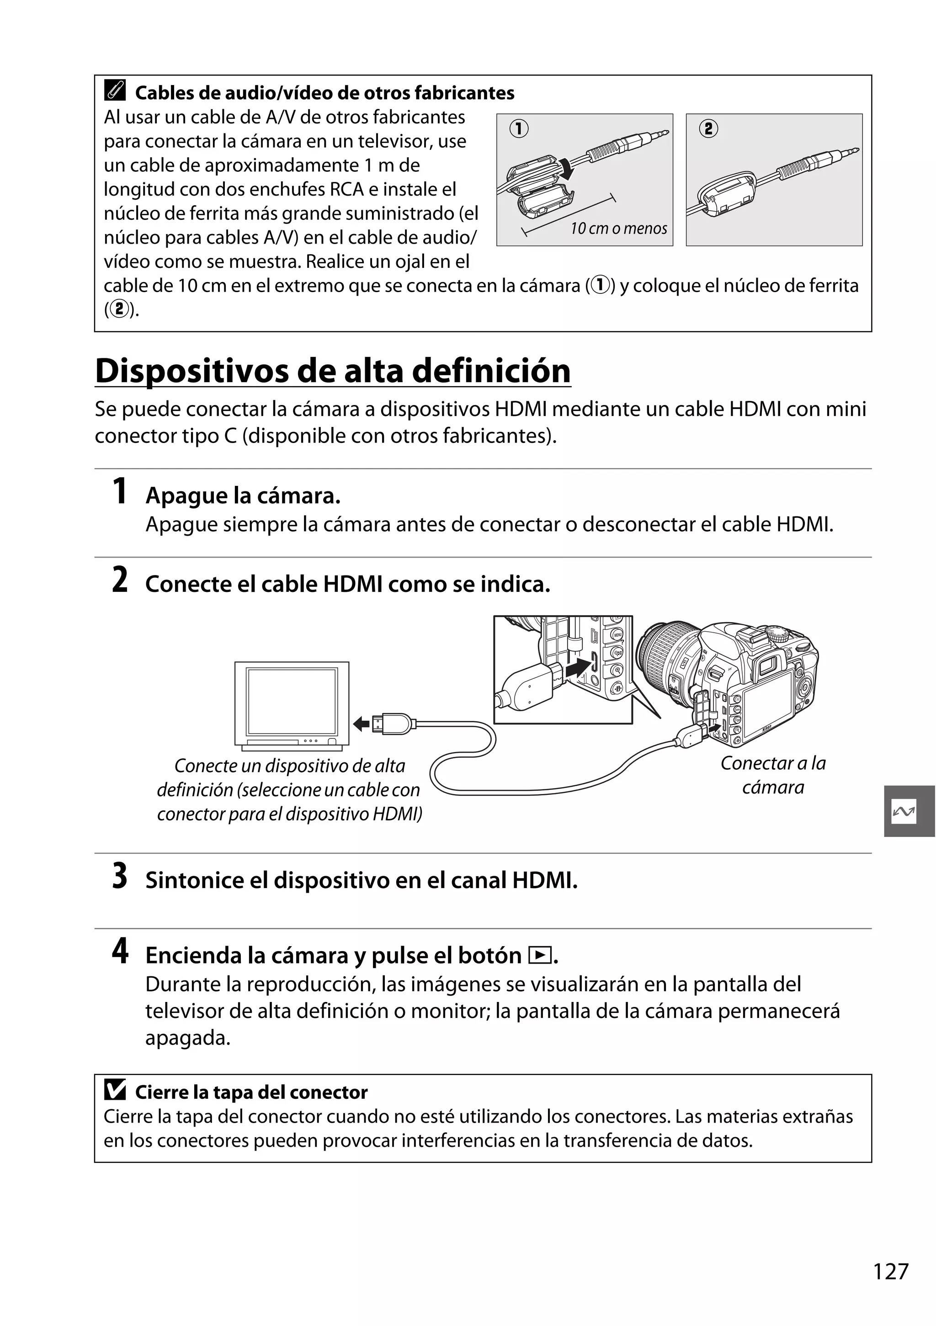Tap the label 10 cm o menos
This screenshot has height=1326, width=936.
pyautogui.click(x=618, y=229)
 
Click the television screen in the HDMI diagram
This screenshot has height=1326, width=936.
pyautogui.click(x=292, y=701)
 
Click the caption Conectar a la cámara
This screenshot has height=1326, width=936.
pyautogui.click(x=772, y=775)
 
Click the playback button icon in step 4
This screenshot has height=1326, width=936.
pyautogui.click(x=539, y=956)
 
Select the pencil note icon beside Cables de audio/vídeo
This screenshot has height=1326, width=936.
pyautogui.click(x=115, y=91)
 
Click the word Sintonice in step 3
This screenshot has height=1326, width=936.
pyautogui.click(x=193, y=880)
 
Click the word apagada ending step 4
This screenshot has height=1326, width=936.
pyautogui.click(x=188, y=1038)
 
